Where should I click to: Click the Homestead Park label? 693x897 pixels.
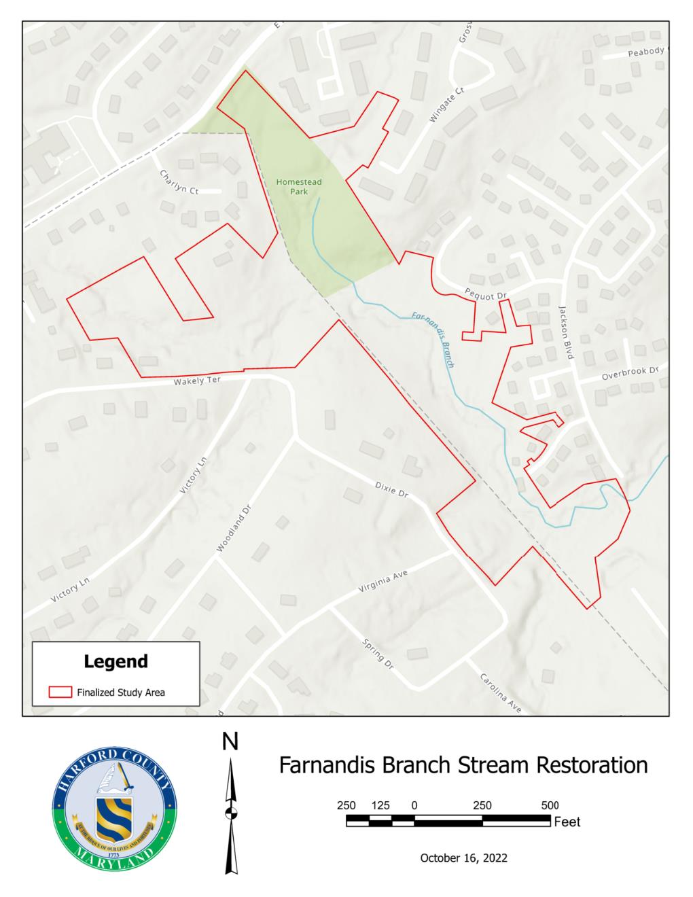pyautogui.click(x=299, y=187)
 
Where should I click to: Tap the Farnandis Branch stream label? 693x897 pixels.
pyautogui.click(x=433, y=338)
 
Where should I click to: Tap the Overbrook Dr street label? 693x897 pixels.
pyautogui.click(x=630, y=374)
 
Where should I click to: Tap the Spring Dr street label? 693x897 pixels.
pyautogui.click(x=378, y=653)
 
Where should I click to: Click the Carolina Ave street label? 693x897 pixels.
pyautogui.click(x=501, y=692)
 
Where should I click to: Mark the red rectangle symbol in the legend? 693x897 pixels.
pyautogui.click(x=60, y=692)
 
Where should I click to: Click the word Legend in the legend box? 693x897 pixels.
pyautogui.click(x=115, y=661)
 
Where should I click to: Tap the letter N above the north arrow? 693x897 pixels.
pyautogui.click(x=230, y=741)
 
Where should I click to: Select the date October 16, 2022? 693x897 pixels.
pyautogui.click(x=463, y=858)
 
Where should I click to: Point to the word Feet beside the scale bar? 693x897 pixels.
pyautogui.click(x=567, y=822)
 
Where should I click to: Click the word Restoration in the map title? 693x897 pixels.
pyautogui.click(x=592, y=765)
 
